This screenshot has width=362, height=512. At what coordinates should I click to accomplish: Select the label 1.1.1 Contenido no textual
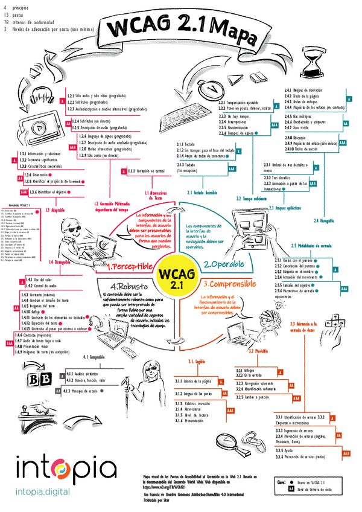146,171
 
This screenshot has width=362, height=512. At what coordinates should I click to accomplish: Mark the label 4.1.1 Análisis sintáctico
86,373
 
